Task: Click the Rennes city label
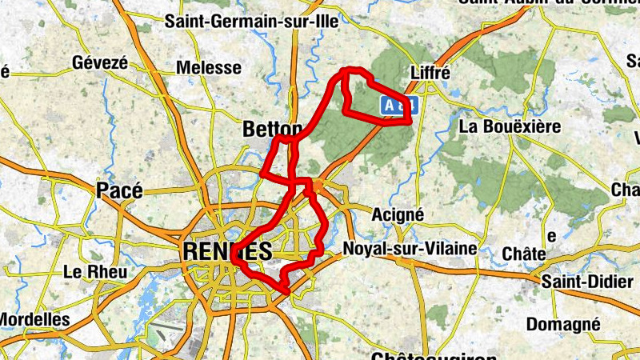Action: tap(228, 251)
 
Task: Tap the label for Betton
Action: tap(272, 130)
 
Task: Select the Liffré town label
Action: tap(430, 73)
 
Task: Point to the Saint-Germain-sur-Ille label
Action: tap(252, 22)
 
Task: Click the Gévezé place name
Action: tap(100, 62)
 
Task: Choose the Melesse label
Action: tap(208, 69)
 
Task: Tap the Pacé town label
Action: tap(119, 190)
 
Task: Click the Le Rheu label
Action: tap(94, 272)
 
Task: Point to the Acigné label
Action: tap(398, 214)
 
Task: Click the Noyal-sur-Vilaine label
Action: tap(410, 249)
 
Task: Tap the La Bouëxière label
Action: tap(510, 126)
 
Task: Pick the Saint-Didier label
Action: tap(582, 282)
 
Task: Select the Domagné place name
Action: tap(563, 324)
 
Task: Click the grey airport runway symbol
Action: tap(171, 335)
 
